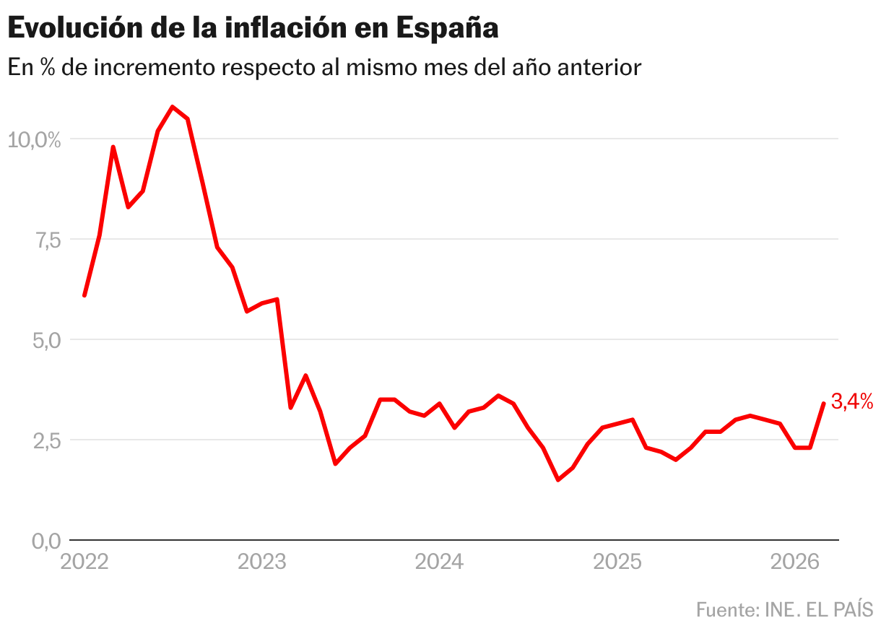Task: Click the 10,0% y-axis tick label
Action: coord(35,139)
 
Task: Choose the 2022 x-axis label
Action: coord(84,562)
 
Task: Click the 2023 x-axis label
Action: coord(261,562)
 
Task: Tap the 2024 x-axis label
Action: coord(439,562)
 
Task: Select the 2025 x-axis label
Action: coord(617,562)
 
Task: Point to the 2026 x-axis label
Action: coord(794,562)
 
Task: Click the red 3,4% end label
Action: coord(852,401)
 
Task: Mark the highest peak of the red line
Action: coord(173,107)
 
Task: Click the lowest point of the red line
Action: coord(558,479)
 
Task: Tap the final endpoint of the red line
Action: coord(823,404)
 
